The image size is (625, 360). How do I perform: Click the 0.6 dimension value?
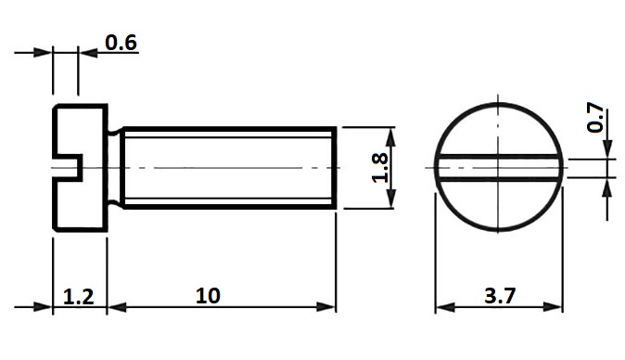(x=121, y=43)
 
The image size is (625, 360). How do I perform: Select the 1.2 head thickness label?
(x=79, y=297)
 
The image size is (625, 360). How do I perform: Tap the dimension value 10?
(x=208, y=296)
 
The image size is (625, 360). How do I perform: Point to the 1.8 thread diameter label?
(x=380, y=168)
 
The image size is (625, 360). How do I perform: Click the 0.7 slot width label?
(x=595, y=117)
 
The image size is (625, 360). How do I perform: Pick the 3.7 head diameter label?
(x=500, y=296)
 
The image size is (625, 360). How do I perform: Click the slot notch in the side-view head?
(x=68, y=168)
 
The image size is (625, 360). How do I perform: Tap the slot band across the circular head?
(x=498, y=168)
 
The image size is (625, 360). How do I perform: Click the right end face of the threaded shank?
(x=334, y=168)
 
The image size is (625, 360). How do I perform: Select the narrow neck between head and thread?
(x=114, y=168)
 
